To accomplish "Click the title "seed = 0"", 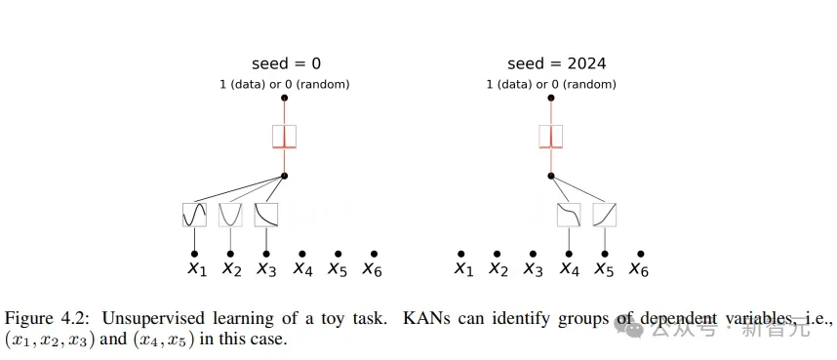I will pos(284,64).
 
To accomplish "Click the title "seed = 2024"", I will pos(556,64).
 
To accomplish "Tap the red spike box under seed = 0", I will pos(284,137).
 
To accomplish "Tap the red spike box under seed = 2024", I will pos(551,137).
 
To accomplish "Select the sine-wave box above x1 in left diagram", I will pos(194,215).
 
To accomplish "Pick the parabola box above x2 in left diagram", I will pos(230,215).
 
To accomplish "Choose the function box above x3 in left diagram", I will pos(266,215).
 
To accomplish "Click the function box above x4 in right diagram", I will pos(569,215).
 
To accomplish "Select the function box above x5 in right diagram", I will pos(605,215).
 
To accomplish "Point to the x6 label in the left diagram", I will pos(373,269).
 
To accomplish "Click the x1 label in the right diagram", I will pos(463,269).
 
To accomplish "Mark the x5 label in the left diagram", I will pos(338,269).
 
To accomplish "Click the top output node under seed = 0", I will pos(284,98).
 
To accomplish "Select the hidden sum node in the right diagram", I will pos(551,176).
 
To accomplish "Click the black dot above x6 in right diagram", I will pos(640,254).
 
